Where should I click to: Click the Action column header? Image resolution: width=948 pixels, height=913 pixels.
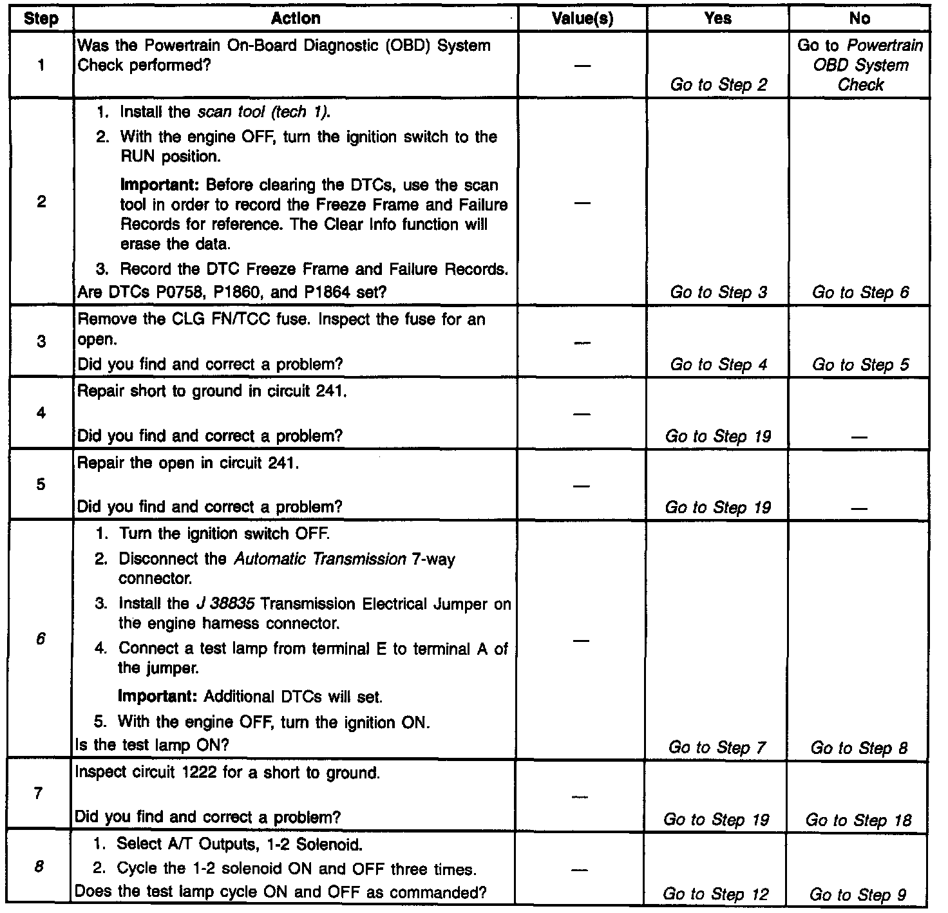(x=296, y=19)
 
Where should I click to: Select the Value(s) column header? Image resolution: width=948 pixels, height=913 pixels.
(x=582, y=19)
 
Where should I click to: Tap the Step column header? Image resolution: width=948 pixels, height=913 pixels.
(x=41, y=19)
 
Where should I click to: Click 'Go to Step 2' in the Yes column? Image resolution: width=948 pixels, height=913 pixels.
(x=718, y=85)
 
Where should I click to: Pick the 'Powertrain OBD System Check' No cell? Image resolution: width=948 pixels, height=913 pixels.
(x=860, y=65)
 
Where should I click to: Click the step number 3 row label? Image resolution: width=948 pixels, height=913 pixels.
(x=41, y=341)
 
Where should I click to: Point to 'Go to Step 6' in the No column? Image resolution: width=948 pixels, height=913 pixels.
(x=860, y=292)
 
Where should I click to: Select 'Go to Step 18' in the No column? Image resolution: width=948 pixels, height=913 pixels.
(x=858, y=820)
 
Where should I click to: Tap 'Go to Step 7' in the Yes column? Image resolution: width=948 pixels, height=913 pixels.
(x=717, y=748)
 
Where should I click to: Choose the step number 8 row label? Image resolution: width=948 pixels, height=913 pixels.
(x=39, y=867)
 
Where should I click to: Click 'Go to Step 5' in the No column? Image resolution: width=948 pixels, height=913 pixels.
(x=860, y=364)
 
